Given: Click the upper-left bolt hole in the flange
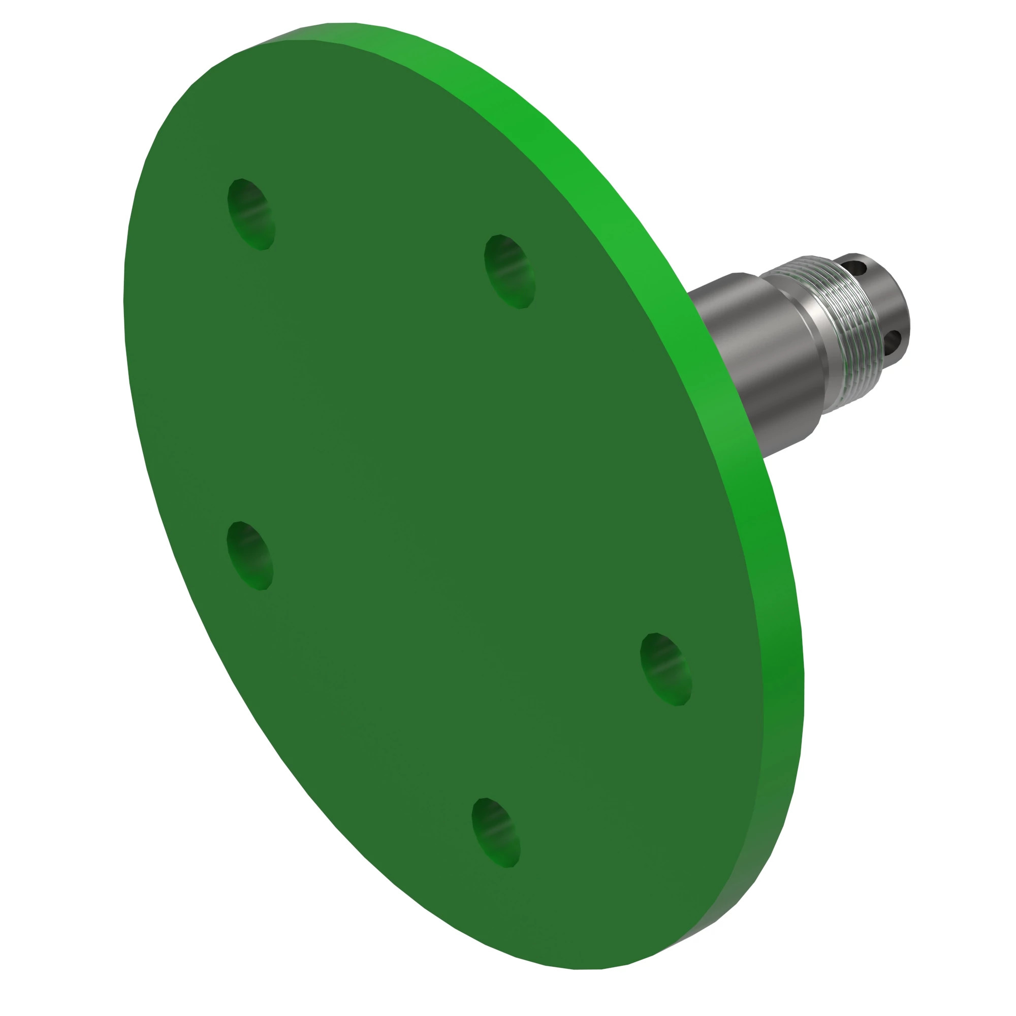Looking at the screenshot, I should point(251,214).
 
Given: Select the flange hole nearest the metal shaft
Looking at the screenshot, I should point(509,271).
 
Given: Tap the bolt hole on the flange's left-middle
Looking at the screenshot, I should point(249,556).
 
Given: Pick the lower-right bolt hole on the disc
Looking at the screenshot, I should point(666,670).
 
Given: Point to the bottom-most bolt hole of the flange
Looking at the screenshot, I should point(495,833).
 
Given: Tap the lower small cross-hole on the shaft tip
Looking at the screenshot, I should point(893,342).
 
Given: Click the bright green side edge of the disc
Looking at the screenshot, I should point(631,210).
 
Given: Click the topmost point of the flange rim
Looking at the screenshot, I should point(342,24).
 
